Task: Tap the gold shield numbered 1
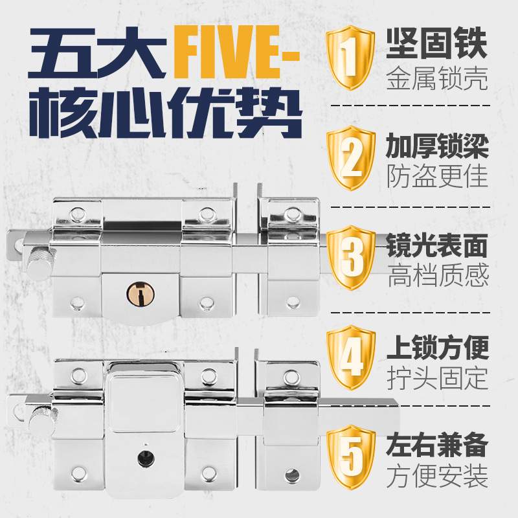[x=350, y=56]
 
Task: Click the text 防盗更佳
[x=437, y=176]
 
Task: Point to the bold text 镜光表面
[x=437, y=244]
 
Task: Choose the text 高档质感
[x=437, y=276]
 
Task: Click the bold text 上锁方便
[x=437, y=344]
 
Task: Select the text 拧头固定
[x=437, y=377]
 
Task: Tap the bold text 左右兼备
[x=437, y=444]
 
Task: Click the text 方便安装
[x=437, y=477]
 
